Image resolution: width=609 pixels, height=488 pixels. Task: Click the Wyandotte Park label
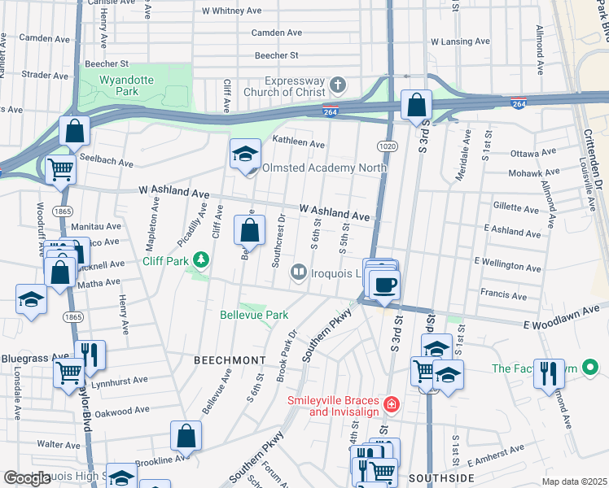tap(127, 86)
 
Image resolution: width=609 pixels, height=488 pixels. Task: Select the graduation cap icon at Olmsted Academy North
tap(244, 154)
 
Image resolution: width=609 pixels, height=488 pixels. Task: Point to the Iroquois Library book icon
tap(299, 272)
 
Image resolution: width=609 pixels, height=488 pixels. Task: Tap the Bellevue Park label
tap(254, 315)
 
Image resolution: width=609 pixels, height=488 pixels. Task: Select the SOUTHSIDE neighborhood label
tap(440, 477)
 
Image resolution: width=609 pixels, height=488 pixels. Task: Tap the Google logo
tap(27, 478)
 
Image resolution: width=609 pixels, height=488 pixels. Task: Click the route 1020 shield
tap(386, 144)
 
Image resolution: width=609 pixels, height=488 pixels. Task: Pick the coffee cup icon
tap(385, 285)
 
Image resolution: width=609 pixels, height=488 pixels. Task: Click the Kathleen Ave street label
tap(298, 142)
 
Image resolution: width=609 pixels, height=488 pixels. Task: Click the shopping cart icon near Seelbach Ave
tap(60, 169)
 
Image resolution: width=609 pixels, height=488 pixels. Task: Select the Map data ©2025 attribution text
tap(574, 481)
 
